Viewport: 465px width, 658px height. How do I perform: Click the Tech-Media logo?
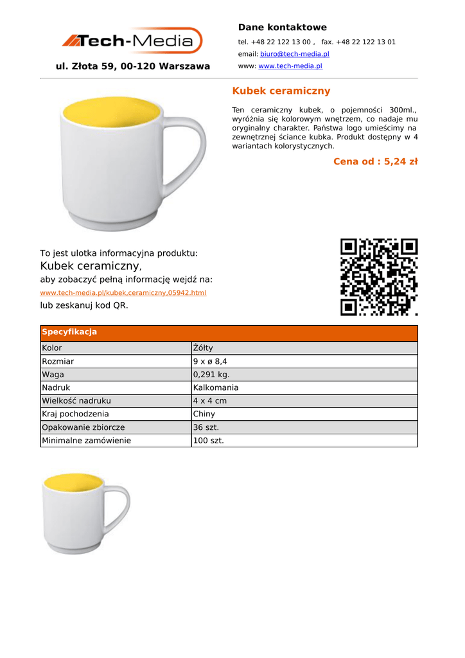(x=132, y=40)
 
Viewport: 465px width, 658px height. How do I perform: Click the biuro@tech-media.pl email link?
(x=294, y=54)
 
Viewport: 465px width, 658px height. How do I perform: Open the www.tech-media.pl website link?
(x=290, y=66)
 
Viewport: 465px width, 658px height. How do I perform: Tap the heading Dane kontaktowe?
(x=282, y=27)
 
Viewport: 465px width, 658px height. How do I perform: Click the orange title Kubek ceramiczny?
(x=281, y=91)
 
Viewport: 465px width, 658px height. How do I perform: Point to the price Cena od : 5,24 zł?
(x=375, y=161)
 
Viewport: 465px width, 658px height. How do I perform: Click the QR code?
(x=379, y=277)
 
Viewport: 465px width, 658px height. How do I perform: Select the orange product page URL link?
(x=123, y=292)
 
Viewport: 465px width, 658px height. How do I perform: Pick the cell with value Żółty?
(x=203, y=348)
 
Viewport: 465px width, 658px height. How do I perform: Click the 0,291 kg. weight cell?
(x=211, y=375)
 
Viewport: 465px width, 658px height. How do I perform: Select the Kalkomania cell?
(x=216, y=387)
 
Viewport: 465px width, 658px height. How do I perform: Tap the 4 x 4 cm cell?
(x=209, y=401)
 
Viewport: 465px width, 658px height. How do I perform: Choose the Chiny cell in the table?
(x=204, y=414)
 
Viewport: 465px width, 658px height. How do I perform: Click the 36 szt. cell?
(x=206, y=427)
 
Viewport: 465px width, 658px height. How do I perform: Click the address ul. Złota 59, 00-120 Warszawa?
(x=133, y=66)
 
